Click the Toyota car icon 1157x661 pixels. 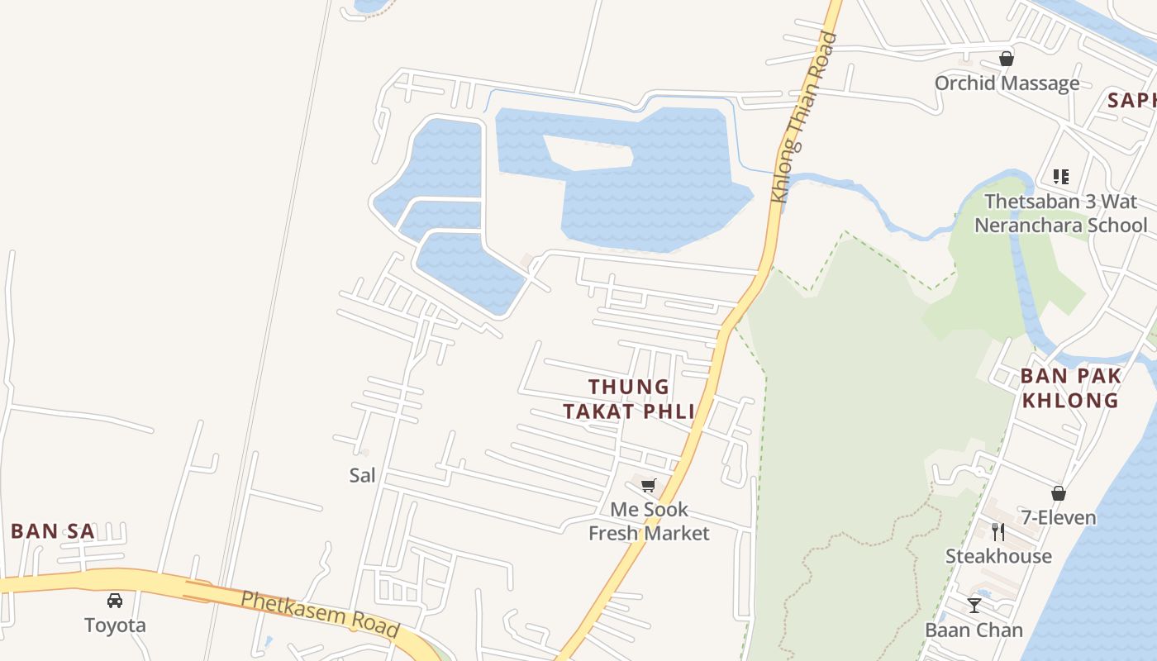pos(115,601)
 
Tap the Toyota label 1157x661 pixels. pos(115,625)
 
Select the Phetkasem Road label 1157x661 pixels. pos(321,614)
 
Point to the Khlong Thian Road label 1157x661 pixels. pos(804,117)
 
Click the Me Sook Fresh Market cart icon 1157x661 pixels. pos(649,485)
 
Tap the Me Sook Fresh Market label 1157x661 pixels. pos(649,521)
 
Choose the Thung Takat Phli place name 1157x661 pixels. pos(628,399)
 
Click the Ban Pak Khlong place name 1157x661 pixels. pos(1070,388)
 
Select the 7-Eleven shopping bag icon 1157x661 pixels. pos(1059,493)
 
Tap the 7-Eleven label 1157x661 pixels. pos(1059,518)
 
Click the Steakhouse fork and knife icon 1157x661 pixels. pos(998,531)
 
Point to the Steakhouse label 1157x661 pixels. pos(998,556)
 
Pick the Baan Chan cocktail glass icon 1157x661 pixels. pos(974,606)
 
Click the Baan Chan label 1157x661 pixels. pos(974,630)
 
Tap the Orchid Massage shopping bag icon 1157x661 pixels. pos(1007,59)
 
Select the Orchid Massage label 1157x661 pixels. pos(1007,83)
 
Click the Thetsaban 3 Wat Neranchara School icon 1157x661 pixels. pos(1061,177)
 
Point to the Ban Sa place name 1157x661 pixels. pos(53,531)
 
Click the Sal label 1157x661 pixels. pos(362,475)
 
